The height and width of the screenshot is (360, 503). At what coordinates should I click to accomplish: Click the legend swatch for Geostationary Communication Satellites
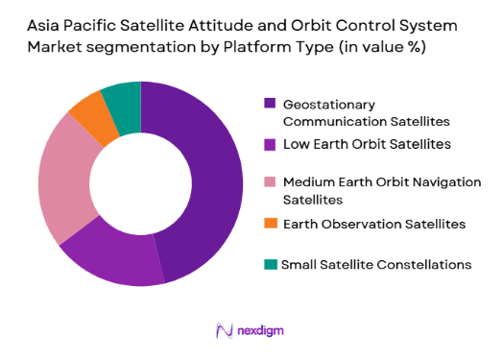[x=270, y=104]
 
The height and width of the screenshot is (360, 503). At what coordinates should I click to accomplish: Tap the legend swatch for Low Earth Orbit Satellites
[x=270, y=145]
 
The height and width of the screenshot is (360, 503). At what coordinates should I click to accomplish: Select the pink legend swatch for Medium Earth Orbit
[x=270, y=182]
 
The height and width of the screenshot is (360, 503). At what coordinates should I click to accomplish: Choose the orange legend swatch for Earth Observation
[x=270, y=224]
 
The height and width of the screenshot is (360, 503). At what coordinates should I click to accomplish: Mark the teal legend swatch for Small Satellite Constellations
[x=270, y=264]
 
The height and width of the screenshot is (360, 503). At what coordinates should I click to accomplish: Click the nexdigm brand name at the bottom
[x=261, y=331]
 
